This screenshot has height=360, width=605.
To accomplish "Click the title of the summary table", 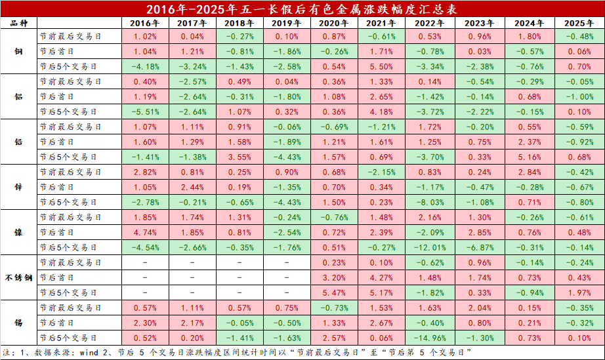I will (x=302, y=9).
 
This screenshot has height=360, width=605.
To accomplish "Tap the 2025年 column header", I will (x=579, y=23).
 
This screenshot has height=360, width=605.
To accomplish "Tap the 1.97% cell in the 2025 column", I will (x=579, y=292).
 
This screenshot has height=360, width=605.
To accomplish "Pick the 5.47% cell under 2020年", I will (x=335, y=292).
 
